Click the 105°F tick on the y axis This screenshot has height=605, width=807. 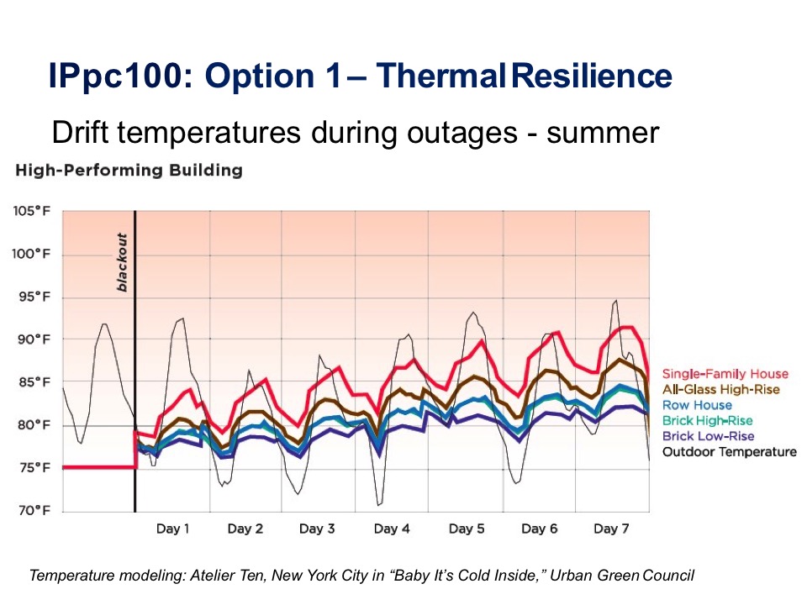[31, 211]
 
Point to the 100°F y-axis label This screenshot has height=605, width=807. [31, 254]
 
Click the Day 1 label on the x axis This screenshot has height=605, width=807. [172, 529]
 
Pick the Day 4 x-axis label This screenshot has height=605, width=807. [392, 529]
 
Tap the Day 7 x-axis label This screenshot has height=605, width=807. [611, 529]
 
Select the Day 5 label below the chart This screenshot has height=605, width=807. [466, 529]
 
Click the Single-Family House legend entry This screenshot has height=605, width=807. [725, 374]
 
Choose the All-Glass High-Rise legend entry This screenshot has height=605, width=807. [721, 389]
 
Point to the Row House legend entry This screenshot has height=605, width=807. [697, 405]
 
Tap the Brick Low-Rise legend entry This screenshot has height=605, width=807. [708, 436]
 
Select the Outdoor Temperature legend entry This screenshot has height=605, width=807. [729, 452]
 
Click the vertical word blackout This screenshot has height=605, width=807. [122, 262]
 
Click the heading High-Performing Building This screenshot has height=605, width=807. [129, 171]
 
